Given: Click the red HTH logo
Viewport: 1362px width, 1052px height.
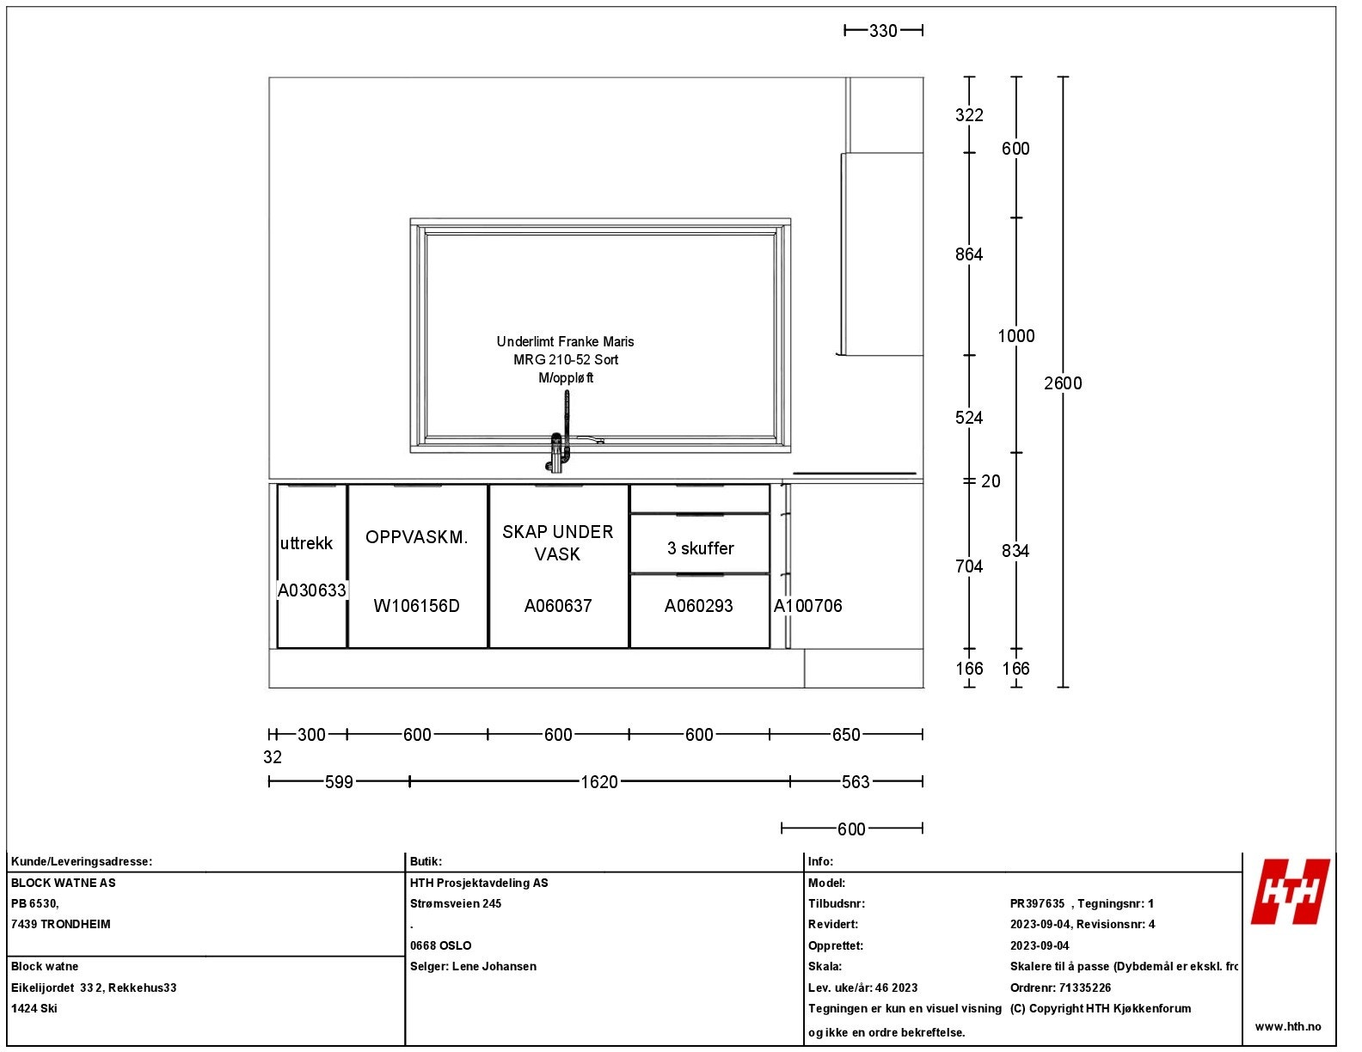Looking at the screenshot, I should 1290,891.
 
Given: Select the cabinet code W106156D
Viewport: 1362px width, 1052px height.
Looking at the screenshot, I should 416,606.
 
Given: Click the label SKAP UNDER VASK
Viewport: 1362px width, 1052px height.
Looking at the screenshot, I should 558,542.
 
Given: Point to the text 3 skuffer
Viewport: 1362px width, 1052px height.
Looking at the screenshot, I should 701,548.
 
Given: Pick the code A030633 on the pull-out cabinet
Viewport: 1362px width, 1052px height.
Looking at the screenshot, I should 311,590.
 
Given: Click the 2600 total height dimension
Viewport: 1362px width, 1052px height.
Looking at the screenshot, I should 1063,383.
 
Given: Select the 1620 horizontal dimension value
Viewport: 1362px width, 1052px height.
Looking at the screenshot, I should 599,782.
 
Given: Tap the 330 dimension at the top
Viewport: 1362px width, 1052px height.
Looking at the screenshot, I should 883,31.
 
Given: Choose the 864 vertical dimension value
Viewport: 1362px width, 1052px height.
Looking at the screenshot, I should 969,254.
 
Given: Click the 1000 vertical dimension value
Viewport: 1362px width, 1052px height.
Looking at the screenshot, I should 1015,336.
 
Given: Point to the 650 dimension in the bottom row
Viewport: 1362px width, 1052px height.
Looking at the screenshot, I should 846,735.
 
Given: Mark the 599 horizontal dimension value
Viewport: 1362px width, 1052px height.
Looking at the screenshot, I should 339,782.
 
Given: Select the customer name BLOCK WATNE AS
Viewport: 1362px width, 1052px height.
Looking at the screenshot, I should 63,883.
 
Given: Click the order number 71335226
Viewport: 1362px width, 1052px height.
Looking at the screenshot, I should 1084,988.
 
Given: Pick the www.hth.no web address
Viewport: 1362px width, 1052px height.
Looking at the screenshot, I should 1288,1026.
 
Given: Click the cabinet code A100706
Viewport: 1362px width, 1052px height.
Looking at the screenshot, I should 808,606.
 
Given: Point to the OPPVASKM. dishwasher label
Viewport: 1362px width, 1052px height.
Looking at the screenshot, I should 416,537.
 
